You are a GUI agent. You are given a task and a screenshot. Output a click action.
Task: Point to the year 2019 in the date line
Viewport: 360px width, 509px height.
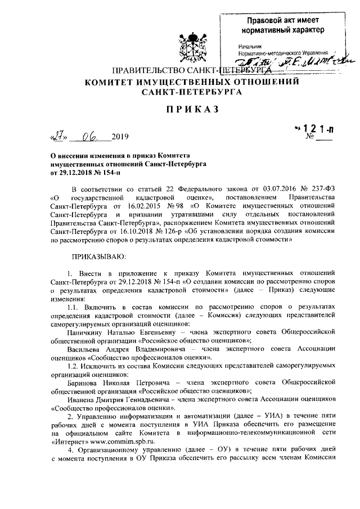pos(120,137)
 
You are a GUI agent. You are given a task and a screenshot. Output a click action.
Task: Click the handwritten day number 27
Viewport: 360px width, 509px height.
pos(57,136)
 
